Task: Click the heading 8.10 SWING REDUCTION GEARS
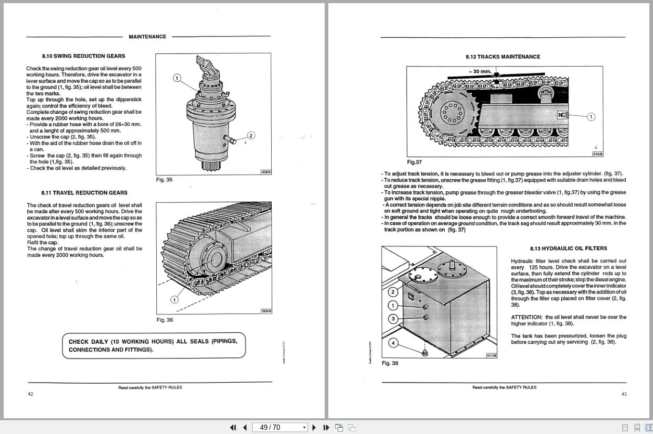pyautogui.click(x=83, y=56)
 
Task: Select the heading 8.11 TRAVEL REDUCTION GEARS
pyautogui.click(x=84, y=193)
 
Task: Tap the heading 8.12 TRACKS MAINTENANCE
pyautogui.click(x=502, y=57)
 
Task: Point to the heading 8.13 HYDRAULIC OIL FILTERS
pyautogui.click(x=561, y=248)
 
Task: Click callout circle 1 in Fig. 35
pyautogui.click(x=177, y=78)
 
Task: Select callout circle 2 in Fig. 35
pyautogui.click(x=251, y=136)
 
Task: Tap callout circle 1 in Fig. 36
pyautogui.click(x=174, y=300)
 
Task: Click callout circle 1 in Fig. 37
pyautogui.click(x=591, y=117)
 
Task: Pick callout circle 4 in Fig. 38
pyautogui.click(x=393, y=343)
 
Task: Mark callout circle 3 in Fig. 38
pyautogui.click(x=393, y=319)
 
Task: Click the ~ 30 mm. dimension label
pyautogui.click(x=480, y=71)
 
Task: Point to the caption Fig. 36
pyautogui.click(x=165, y=320)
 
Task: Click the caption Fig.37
pyautogui.click(x=414, y=162)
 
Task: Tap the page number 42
pyautogui.click(x=30, y=394)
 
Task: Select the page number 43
pyautogui.click(x=624, y=394)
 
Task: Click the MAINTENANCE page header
pyautogui.click(x=147, y=37)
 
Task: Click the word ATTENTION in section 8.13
pyautogui.click(x=527, y=317)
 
